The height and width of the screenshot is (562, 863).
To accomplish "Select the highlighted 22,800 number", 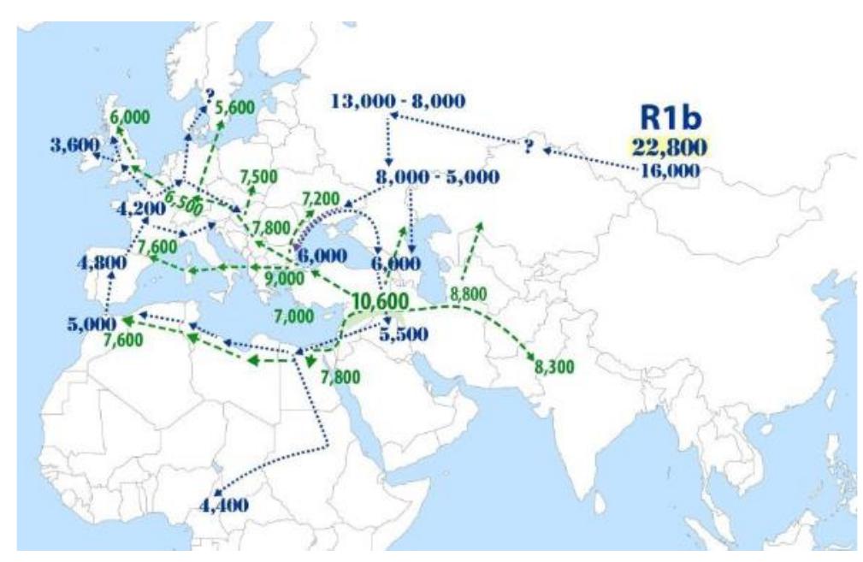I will tap(670, 147).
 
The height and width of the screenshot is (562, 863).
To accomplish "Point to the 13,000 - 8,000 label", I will tap(398, 101).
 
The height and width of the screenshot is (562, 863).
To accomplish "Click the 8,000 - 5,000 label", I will tap(437, 177).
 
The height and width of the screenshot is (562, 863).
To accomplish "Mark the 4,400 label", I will tap(223, 505).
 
